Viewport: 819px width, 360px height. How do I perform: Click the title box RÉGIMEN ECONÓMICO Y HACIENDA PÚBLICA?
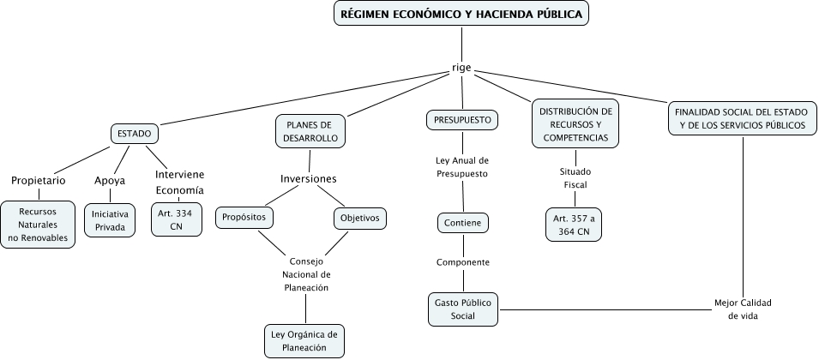tap(461, 15)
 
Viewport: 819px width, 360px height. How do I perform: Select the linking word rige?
tap(461, 68)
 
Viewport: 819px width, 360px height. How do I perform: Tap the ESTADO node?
tap(135, 134)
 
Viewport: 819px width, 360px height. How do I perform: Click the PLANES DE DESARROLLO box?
tap(310, 131)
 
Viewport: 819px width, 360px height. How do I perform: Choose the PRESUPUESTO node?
tap(462, 120)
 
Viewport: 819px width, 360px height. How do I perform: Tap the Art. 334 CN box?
tap(176, 219)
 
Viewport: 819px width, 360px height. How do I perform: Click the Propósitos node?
tap(244, 218)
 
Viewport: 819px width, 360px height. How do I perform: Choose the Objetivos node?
tap(359, 218)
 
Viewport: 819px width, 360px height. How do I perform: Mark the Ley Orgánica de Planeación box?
tap(304, 340)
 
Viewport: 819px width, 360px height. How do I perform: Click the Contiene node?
tap(463, 223)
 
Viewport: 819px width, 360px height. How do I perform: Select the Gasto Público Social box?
tap(463, 309)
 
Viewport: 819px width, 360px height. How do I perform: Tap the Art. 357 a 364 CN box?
tap(574, 225)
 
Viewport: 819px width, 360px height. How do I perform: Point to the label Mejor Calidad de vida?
tap(744, 309)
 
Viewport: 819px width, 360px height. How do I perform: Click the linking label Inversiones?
tap(309, 178)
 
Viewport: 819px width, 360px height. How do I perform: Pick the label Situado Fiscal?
tap(575, 177)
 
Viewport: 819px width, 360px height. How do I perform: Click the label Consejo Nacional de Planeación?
tap(306, 274)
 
